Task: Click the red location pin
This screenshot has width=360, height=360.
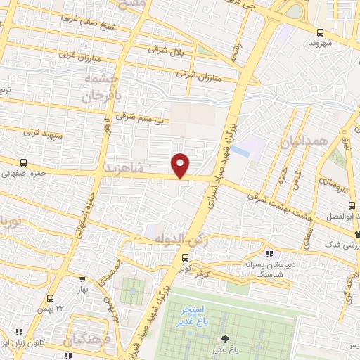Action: point(181,165)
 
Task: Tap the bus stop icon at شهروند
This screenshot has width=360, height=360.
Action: point(321,32)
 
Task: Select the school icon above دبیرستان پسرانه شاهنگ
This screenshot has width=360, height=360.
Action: point(269,254)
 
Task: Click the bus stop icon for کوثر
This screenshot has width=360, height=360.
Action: point(185,258)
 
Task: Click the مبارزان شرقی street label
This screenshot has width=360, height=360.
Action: point(199,75)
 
